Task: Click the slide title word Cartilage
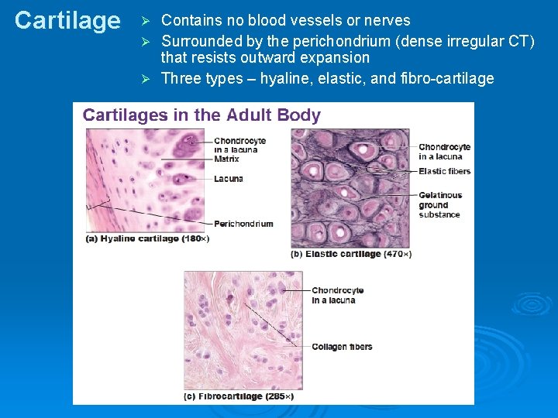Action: point(67,21)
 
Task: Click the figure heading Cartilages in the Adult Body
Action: point(201,115)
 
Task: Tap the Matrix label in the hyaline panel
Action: point(226,159)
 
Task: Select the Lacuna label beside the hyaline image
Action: point(229,179)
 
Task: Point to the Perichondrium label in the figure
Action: point(243,224)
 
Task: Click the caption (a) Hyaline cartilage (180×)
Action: point(147,239)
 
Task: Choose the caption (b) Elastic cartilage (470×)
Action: point(351,253)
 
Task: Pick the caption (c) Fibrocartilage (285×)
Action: point(239,396)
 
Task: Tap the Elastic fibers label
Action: point(444,171)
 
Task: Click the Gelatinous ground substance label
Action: point(440,205)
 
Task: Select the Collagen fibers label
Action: point(342,347)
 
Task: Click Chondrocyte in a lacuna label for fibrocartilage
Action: point(337,295)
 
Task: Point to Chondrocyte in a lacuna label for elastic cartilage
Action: point(444,151)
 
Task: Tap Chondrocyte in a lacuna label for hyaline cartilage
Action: point(239,145)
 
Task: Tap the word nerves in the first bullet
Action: point(385,21)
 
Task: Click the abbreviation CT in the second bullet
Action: point(515,41)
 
